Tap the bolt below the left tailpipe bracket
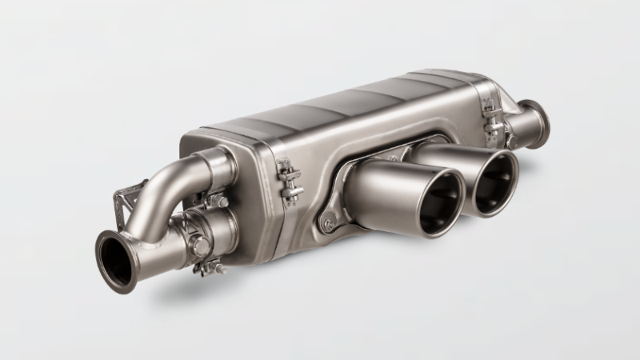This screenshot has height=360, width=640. (x=327, y=225)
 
